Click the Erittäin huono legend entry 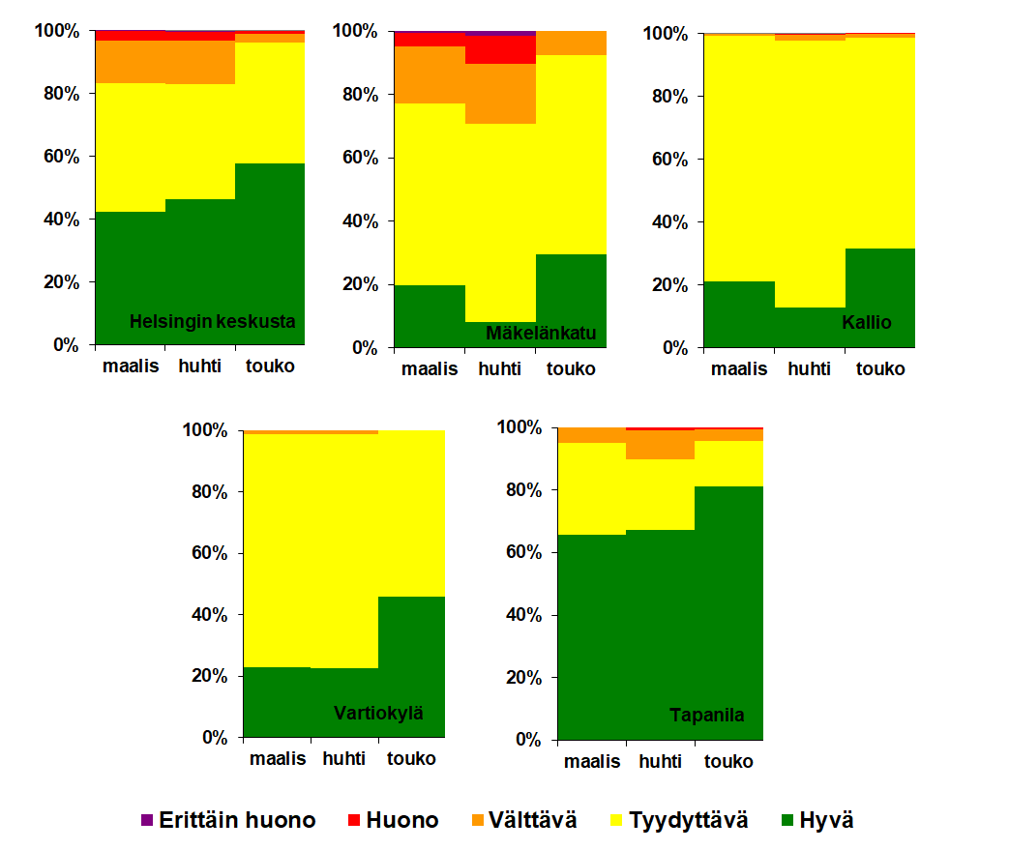pyautogui.click(x=228, y=820)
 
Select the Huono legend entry pyautogui.click(x=393, y=820)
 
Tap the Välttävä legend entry pyautogui.click(x=525, y=820)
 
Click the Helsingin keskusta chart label pyautogui.click(x=212, y=321)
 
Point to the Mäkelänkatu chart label pyautogui.click(x=541, y=335)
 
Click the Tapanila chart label pyautogui.click(x=707, y=716)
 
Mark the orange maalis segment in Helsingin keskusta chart pyautogui.click(x=130, y=62)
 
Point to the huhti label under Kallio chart pyautogui.click(x=809, y=368)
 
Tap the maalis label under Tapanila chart pyautogui.click(x=592, y=761)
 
